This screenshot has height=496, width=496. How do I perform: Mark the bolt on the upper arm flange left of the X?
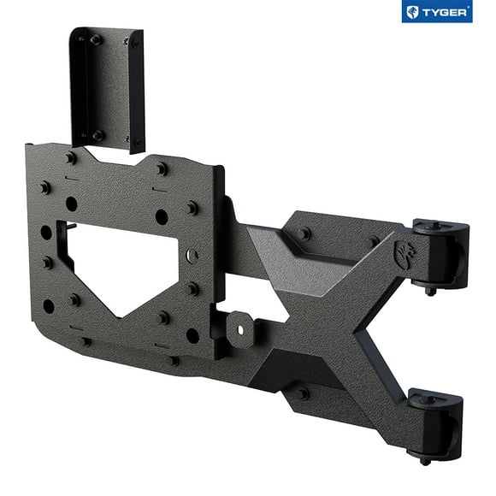coord(304,233)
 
